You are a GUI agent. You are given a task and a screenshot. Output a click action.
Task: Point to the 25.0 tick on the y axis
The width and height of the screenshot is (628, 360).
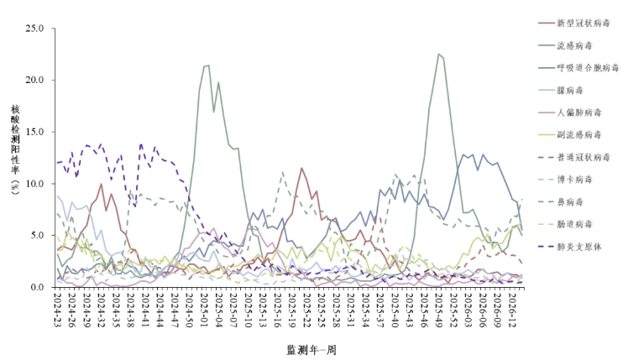[x=35, y=29]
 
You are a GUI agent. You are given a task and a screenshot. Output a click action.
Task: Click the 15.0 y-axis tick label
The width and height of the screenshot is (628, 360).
[x=35, y=132]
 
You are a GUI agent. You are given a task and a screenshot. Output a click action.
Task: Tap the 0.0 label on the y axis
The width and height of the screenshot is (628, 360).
[x=38, y=287]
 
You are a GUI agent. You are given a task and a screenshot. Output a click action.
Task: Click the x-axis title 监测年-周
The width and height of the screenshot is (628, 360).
[x=311, y=349]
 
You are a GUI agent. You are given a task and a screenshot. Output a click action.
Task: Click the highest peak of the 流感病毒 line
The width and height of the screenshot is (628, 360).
[x=438, y=54]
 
